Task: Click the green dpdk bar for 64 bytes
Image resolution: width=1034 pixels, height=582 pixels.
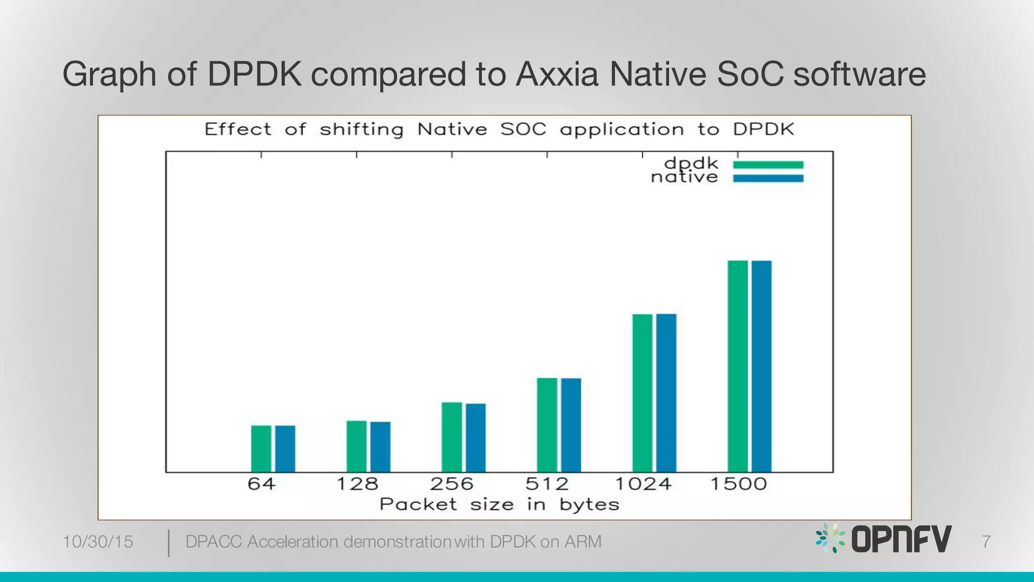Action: [x=261, y=449]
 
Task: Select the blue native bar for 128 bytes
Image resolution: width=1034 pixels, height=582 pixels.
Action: [x=380, y=447]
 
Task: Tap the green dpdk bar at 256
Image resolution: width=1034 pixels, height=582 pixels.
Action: [x=452, y=437]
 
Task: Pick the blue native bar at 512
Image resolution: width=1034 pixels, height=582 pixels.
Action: [x=571, y=425]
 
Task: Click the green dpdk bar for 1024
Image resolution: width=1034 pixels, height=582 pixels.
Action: [x=642, y=393]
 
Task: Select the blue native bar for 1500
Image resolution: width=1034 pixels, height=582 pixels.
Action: [x=761, y=366]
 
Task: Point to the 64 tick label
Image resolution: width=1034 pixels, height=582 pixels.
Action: [x=261, y=484]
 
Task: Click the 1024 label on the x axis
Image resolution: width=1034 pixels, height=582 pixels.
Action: [x=643, y=484]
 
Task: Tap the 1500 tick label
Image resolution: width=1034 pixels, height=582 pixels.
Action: [x=738, y=484]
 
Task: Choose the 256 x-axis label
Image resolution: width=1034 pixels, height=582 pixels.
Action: [x=452, y=484]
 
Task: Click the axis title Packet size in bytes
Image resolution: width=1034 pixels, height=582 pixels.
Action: [x=499, y=504]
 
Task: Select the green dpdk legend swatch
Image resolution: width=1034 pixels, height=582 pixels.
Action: [x=768, y=165]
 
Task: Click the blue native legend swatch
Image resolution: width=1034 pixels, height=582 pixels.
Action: [x=768, y=178]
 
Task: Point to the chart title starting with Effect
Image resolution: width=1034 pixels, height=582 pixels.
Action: [x=499, y=129]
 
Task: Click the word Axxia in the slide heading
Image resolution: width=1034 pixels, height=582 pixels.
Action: [x=557, y=74]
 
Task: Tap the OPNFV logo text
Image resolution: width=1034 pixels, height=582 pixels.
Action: [x=901, y=539]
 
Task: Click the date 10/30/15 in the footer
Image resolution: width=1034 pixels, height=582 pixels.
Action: [x=97, y=542]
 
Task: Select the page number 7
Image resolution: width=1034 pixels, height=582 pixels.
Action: [x=986, y=542]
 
